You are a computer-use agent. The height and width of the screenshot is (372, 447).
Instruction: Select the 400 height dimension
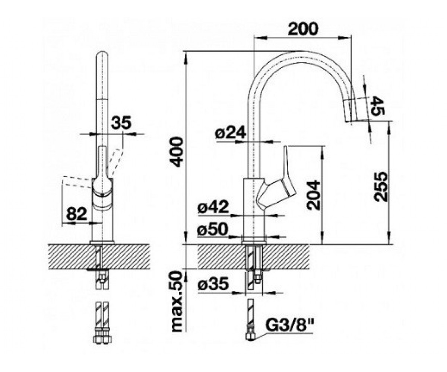(177, 152)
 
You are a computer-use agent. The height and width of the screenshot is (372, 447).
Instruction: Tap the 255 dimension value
(380, 186)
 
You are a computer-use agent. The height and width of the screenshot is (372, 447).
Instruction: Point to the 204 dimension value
(313, 195)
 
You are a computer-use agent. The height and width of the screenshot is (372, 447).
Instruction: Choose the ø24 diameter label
(230, 133)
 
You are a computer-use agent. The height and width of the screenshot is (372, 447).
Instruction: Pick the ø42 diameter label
(213, 207)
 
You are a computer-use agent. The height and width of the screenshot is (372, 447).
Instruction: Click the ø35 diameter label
(213, 284)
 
